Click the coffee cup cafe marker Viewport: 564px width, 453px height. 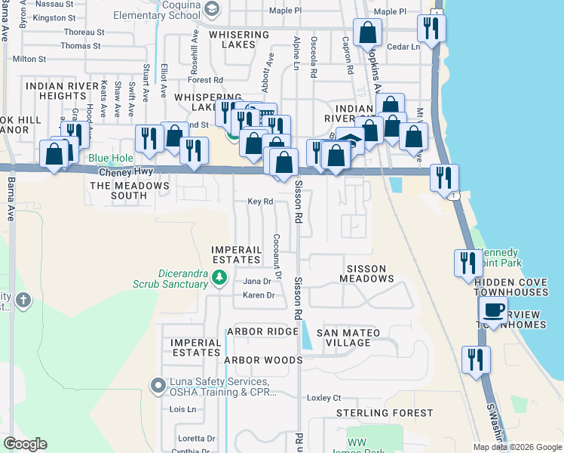494,310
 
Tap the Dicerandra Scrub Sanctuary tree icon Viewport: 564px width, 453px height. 219,278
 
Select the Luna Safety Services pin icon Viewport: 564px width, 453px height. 158,386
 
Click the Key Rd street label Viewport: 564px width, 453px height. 259,202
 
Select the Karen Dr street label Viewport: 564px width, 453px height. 259,295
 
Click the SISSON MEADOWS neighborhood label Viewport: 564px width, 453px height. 370,273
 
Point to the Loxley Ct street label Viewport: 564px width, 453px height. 324,398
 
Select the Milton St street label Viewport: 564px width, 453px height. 29,58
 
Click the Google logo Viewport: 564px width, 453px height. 25,444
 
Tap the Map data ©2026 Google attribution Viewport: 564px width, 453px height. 516,447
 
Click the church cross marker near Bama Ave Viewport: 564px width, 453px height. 23,300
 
